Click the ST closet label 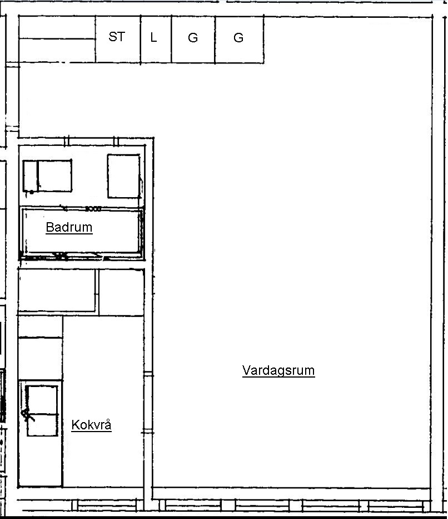coord(117,37)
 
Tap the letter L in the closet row coord(153,37)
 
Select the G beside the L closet coord(193,38)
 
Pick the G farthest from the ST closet coord(238,38)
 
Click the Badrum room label coord(69,227)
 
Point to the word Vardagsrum coord(278,370)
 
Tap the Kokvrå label coord(92,424)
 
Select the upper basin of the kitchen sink coord(42,400)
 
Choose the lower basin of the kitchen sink coord(42,425)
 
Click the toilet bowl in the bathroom coord(55,176)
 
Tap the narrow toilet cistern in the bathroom coord(30,176)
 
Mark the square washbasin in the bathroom coord(124,176)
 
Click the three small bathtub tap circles coord(93,209)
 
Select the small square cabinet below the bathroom coord(122,292)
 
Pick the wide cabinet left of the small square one coord(57,290)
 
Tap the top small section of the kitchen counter coord(41,327)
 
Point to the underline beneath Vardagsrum coord(278,376)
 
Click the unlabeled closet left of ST coord(57,39)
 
